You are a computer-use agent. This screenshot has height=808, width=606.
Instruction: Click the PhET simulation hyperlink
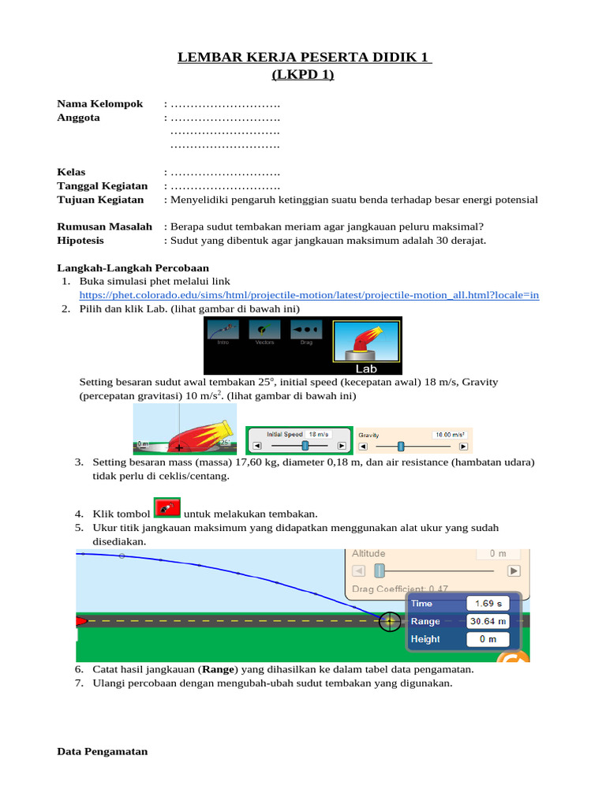coord(309,295)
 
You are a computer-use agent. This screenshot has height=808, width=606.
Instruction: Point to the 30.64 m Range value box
coord(488,621)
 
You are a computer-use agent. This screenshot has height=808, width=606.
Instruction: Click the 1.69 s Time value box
coord(488,603)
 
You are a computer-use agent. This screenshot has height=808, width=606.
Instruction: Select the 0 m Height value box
coord(488,639)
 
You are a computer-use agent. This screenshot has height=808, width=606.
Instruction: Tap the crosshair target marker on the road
coord(389,621)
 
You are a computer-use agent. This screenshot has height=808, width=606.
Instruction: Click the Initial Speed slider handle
coord(305,446)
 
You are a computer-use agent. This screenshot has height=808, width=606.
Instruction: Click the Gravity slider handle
coord(401,446)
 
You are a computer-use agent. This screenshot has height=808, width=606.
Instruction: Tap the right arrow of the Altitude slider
coord(514,570)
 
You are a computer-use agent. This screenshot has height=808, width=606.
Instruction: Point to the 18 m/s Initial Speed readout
coord(319,434)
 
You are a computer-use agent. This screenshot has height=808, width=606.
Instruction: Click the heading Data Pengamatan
coord(103,752)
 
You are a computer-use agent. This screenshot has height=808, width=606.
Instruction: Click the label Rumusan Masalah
coord(104,226)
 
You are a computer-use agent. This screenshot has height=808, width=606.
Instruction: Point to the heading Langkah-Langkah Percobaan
coord(133,268)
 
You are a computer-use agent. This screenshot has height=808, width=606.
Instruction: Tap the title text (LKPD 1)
coord(303,75)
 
